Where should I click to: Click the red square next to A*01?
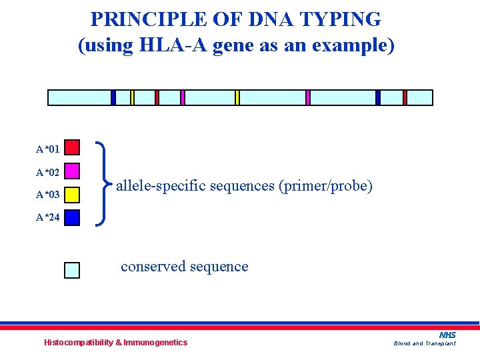coord(72,147)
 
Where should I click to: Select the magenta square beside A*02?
coord(72,171)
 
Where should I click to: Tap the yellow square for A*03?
coord(72,194)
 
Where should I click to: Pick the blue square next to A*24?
coord(72,217)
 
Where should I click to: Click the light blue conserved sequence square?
coord(72,269)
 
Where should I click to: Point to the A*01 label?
coord(48,148)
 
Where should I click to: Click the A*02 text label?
coord(48,173)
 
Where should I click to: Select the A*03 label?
coord(48,195)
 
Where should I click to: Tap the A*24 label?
coord(48,217)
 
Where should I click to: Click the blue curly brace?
coord(102,183)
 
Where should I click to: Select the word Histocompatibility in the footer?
coord(78,343)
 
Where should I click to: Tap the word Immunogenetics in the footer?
coord(156,343)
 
